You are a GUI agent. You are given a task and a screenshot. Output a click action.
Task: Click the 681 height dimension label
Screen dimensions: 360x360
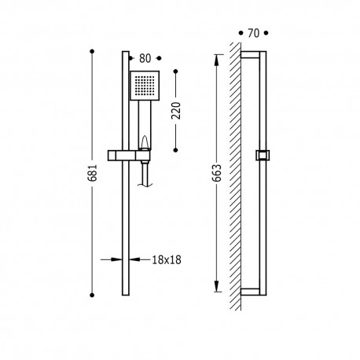coord(94,174)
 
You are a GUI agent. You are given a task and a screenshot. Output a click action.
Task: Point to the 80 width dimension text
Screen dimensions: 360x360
coord(144,57)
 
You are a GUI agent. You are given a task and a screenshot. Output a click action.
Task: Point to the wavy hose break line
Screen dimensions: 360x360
coord(144,182)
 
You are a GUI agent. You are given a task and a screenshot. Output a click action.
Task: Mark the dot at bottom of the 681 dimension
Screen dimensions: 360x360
coord(94,296)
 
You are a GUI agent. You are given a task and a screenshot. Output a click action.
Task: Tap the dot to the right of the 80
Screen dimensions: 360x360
coord(160,57)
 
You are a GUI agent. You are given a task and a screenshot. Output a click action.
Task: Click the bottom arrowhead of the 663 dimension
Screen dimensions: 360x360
coord(215,288)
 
